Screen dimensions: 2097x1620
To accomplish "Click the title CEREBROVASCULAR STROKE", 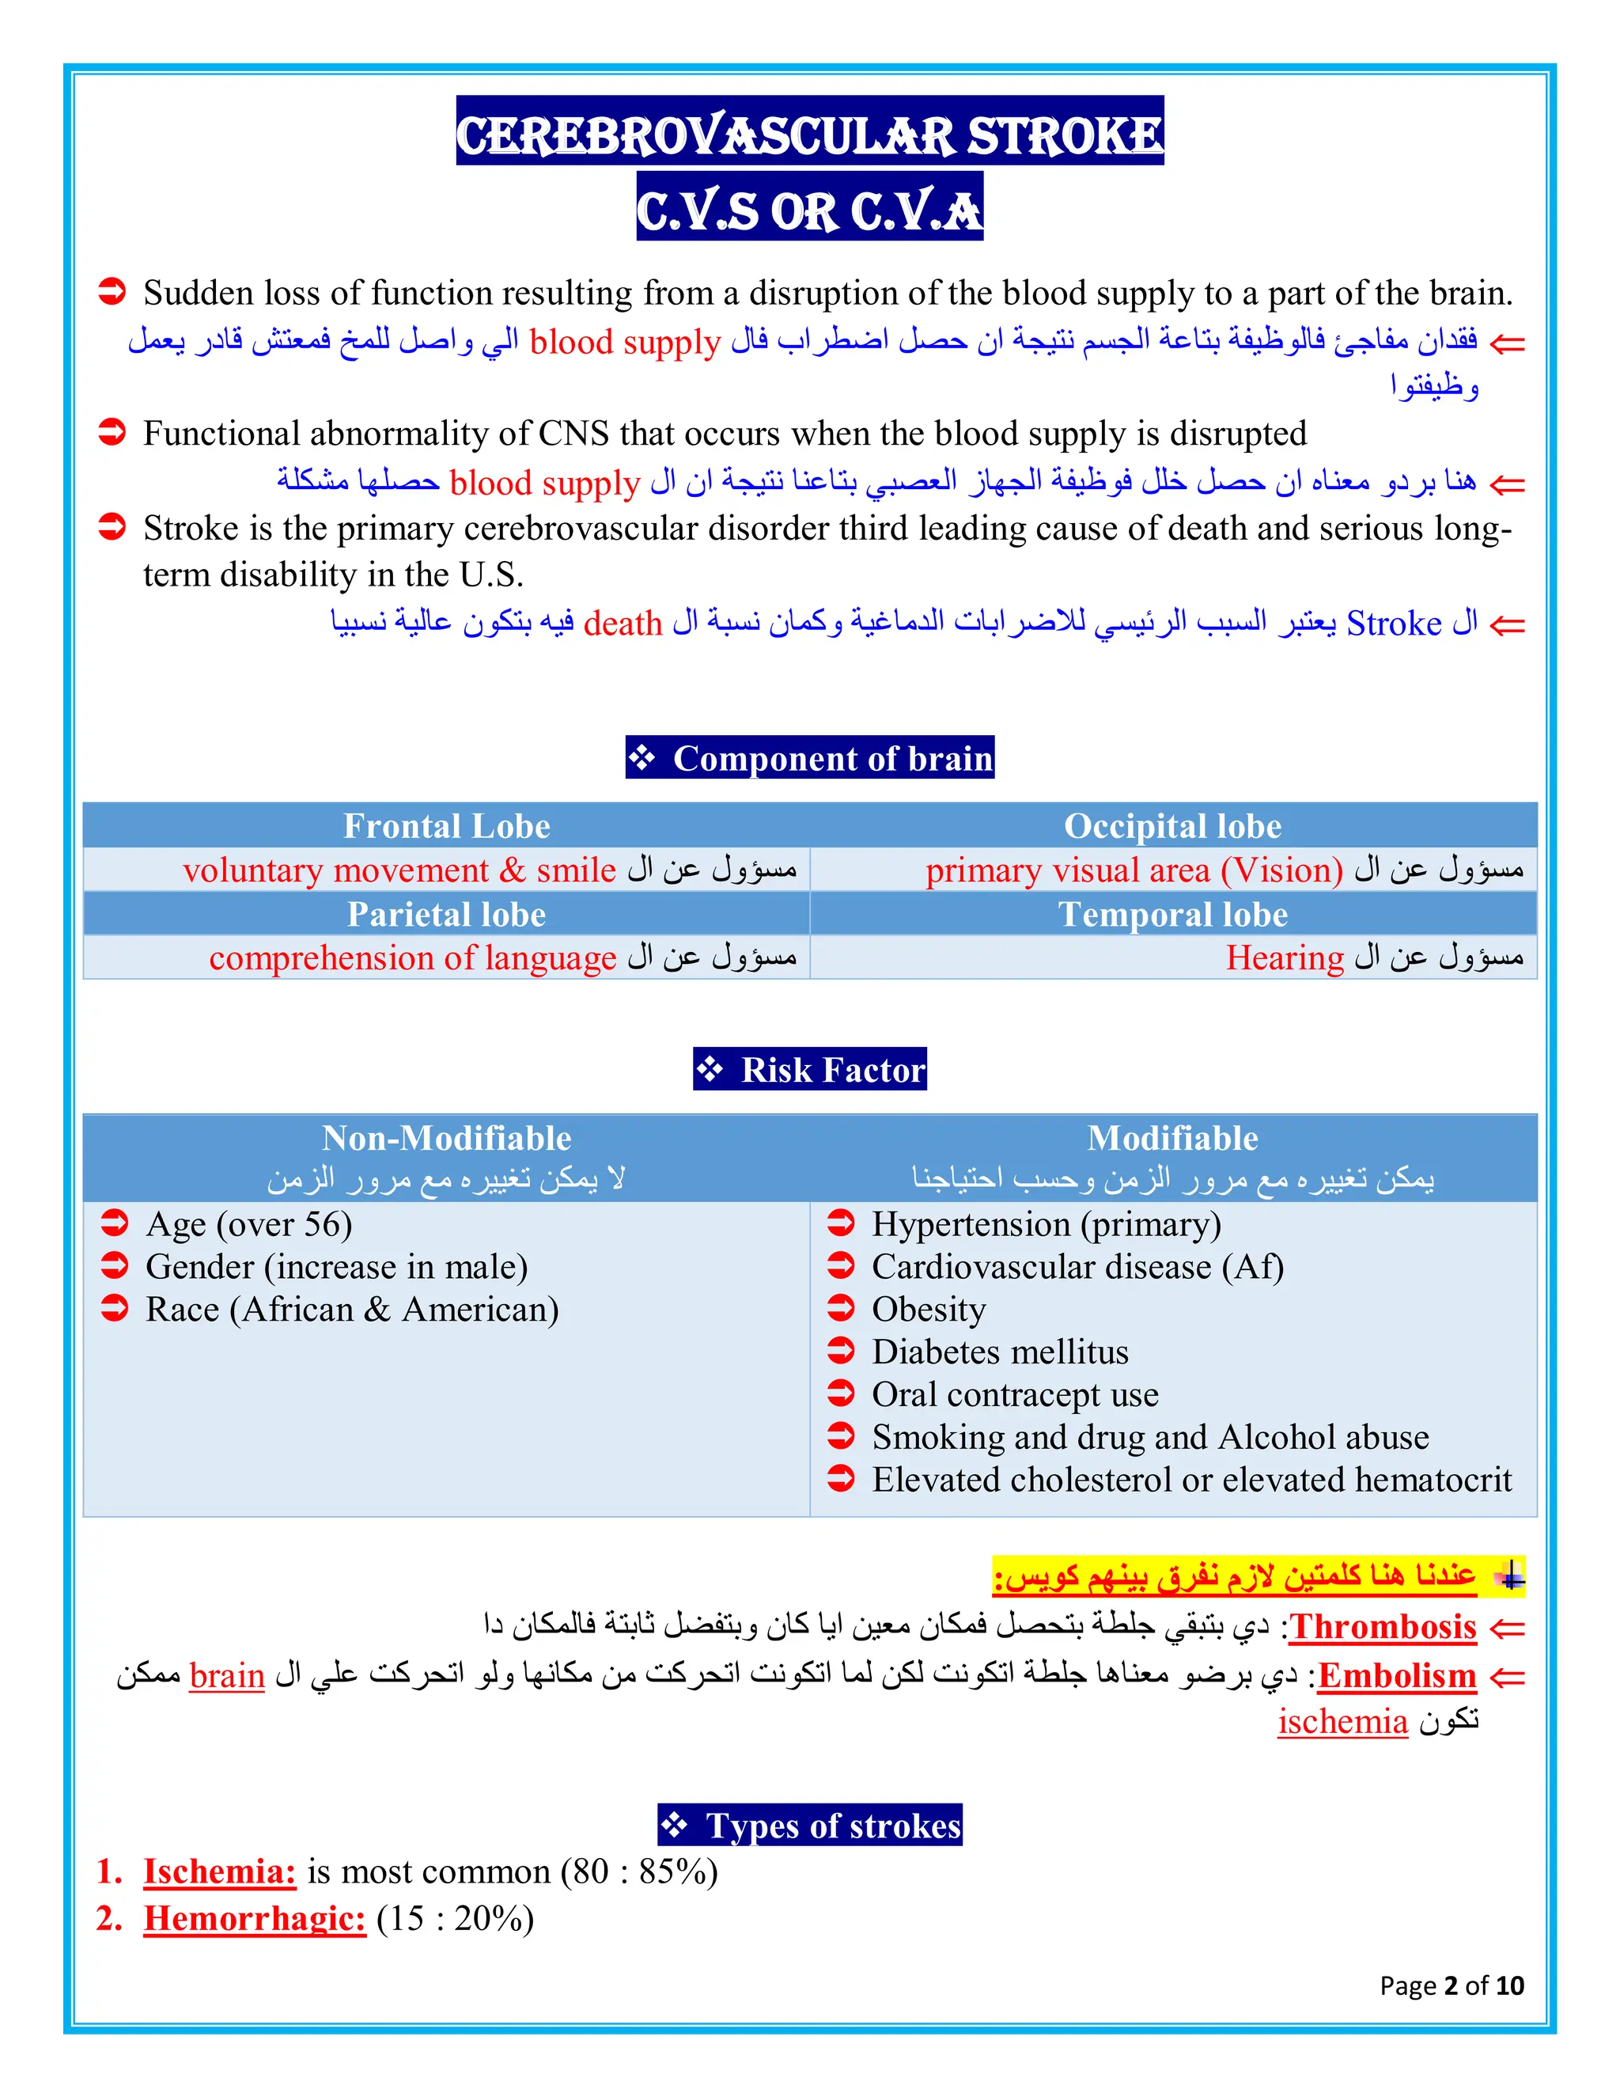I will pos(809,134).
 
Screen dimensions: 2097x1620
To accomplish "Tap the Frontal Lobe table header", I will pos(446,825).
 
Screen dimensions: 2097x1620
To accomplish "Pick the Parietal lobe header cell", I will pos(446,914).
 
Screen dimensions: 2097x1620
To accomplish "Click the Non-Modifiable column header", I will pos(446,1138).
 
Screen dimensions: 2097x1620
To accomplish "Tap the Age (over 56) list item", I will pos(248,1224).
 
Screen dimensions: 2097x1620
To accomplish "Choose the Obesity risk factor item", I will pos(928,1310).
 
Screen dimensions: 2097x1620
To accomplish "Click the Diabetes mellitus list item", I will pos(999,1352).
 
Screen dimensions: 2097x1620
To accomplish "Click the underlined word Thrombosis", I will pos(1382,1626).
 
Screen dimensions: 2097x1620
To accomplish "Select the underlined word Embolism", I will pos(1396,1675).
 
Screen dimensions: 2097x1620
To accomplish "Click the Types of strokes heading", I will pos(811,1826).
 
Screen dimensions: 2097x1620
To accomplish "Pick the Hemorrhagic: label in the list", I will pos(255,1918).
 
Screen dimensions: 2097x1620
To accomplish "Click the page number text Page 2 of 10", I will pos(1451,1985).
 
